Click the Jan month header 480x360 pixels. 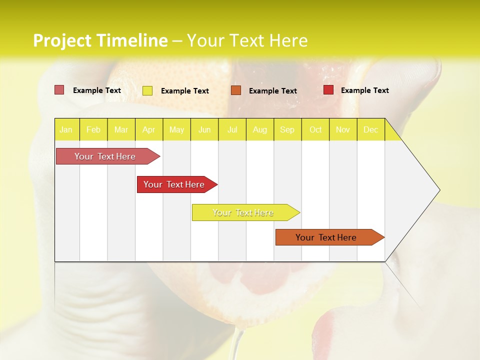pyautogui.click(x=66, y=129)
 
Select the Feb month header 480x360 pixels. pyautogui.click(x=93, y=129)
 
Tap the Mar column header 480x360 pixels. pyautogui.click(x=121, y=129)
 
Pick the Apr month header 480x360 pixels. pyautogui.click(x=149, y=129)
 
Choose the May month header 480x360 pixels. pyautogui.click(x=176, y=129)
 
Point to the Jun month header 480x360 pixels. pyautogui.click(x=204, y=129)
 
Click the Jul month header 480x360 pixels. pyautogui.click(x=232, y=129)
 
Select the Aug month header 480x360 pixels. pyautogui.click(x=260, y=129)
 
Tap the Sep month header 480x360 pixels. pyautogui.click(x=287, y=129)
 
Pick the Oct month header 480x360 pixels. pyautogui.click(x=315, y=129)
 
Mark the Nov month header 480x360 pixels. pyautogui.click(x=343, y=129)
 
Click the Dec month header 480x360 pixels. pyautogui.click(x=371, y=129)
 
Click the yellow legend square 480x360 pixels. pyautogui.click(x=147, y=90)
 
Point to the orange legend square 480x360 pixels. pyautogui.click(x=236, y=90)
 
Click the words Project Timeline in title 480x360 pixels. pyautogui.click(x=100, y=40)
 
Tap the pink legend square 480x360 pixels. pyautogui.click(x=59, y=90)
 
